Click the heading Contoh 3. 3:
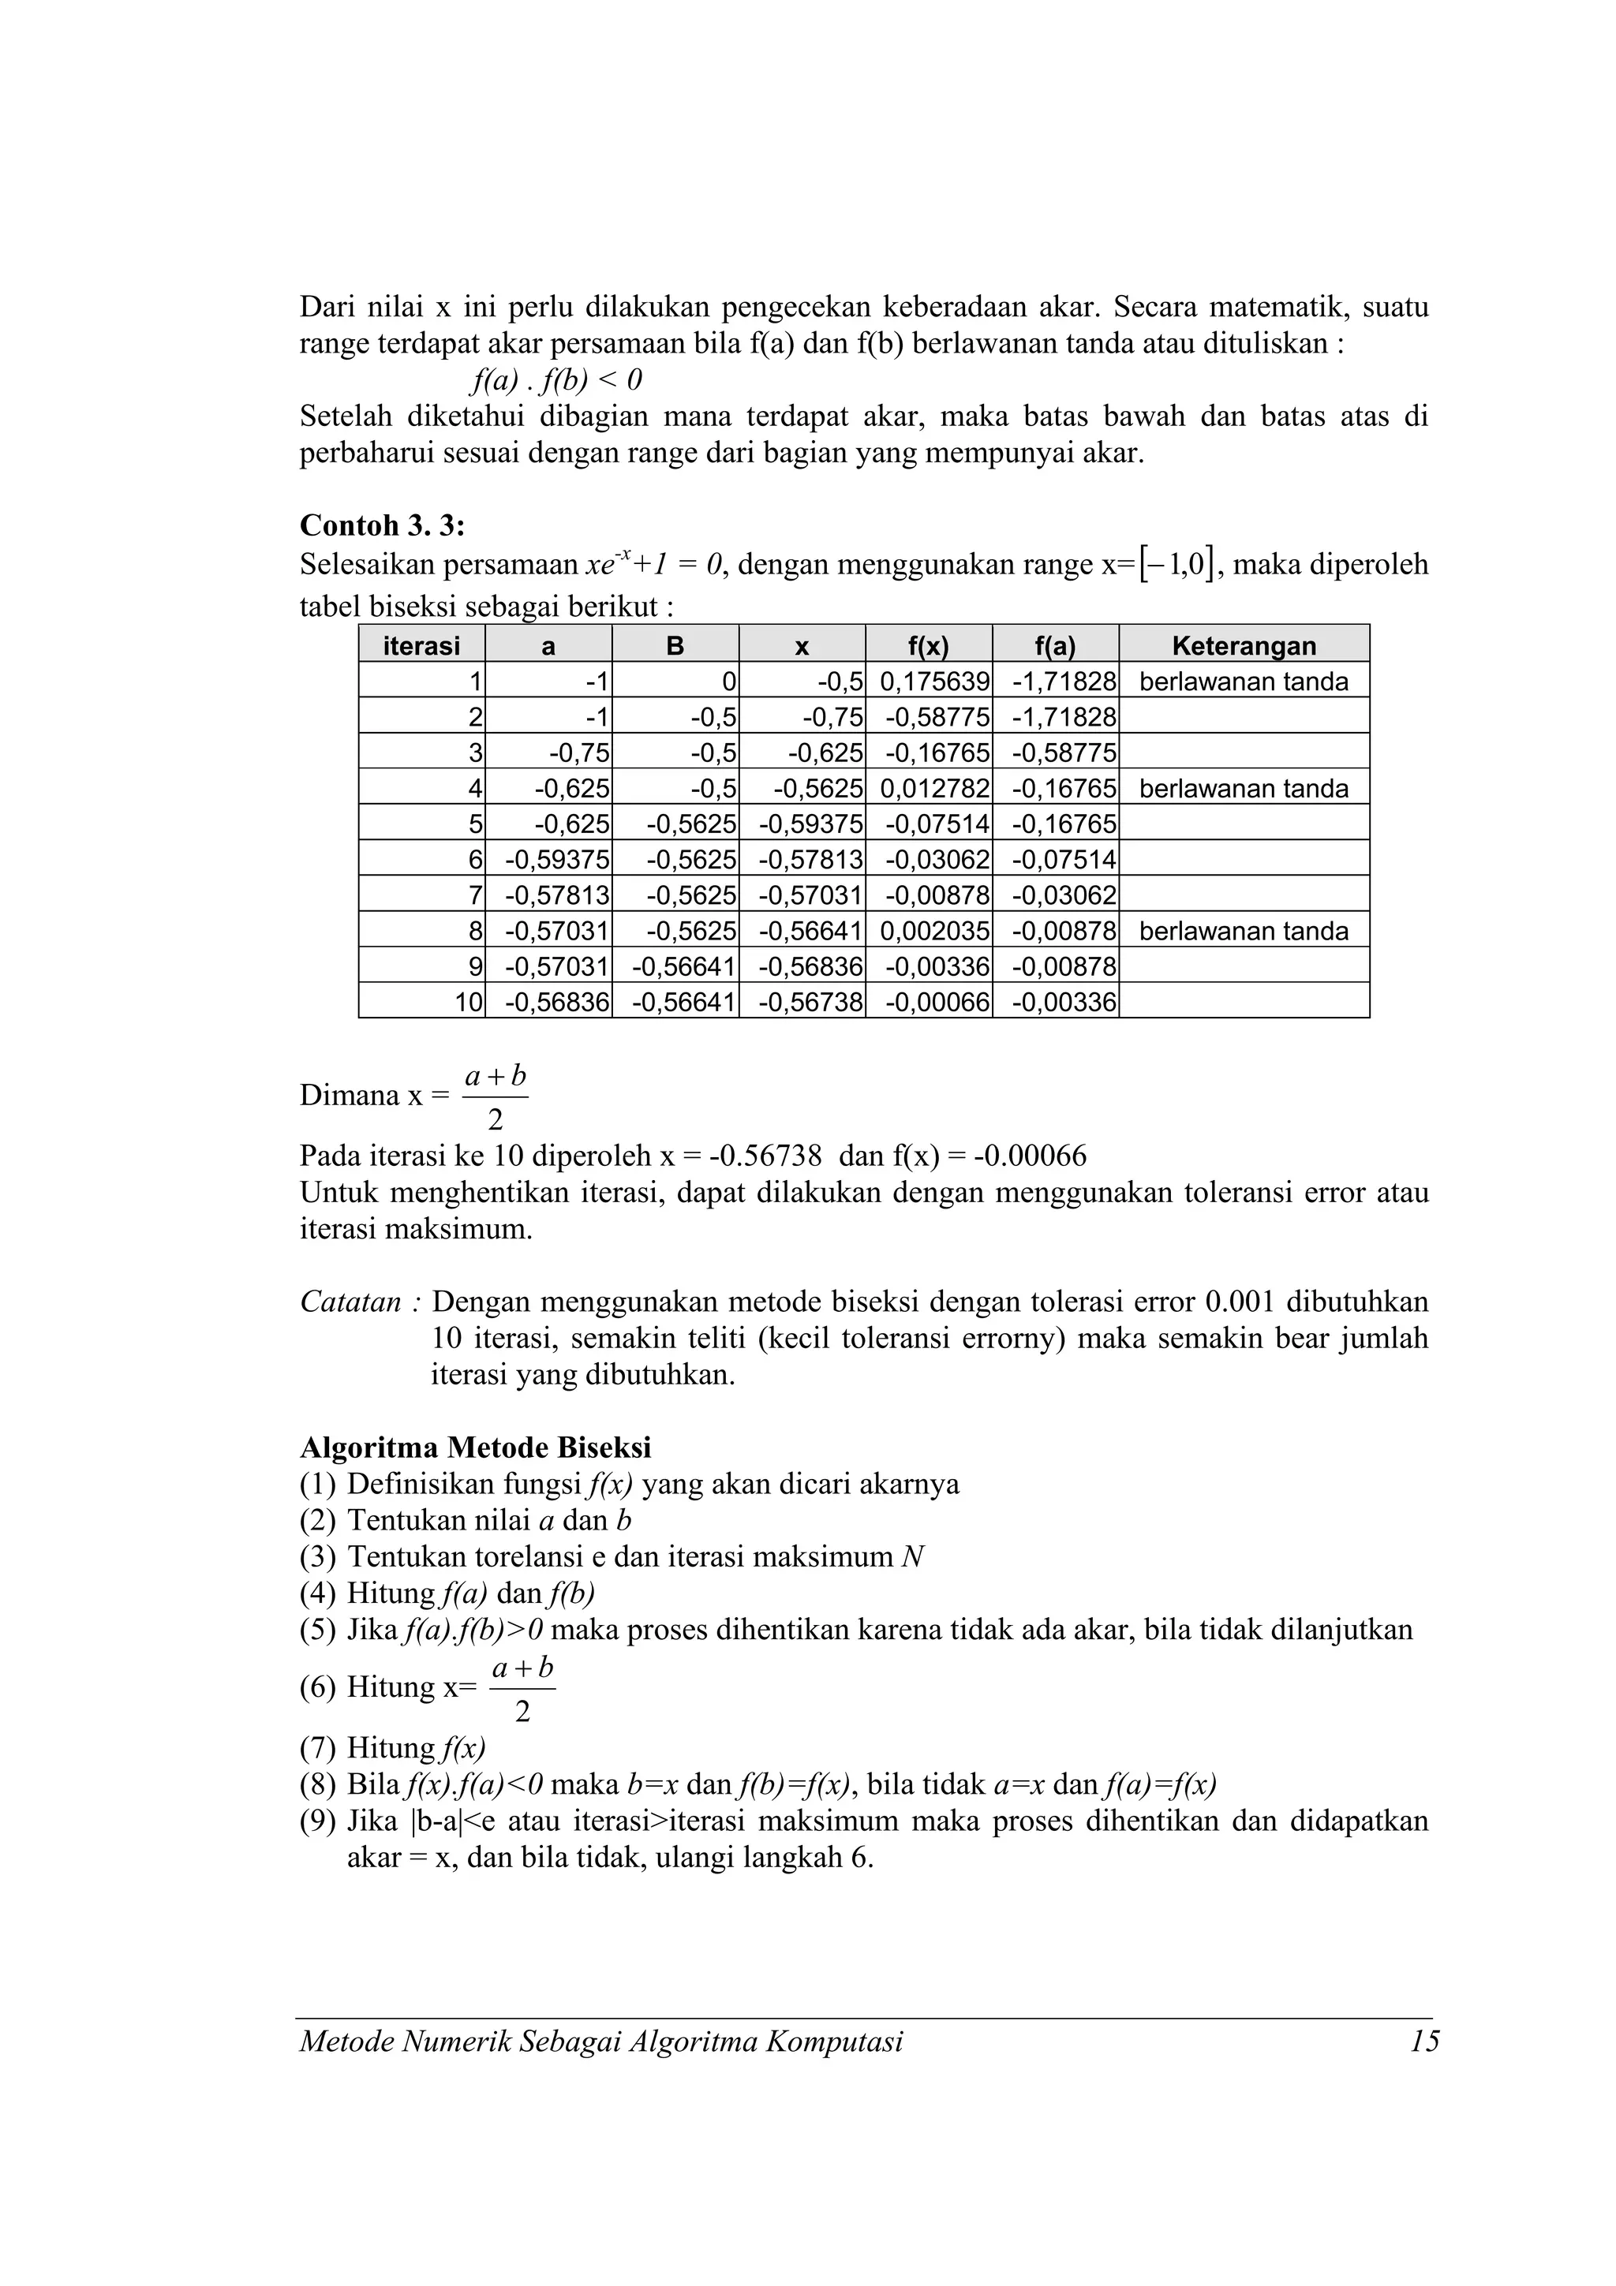[x=383, y=525]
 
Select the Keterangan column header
[x=1243, y=645]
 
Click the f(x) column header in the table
[x=928, y=645]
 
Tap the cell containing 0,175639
[x=934, y=682]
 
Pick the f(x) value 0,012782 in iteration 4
[x=934, y=789]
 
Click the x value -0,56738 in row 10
[x=810, y=1002]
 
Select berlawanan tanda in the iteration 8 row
[x=1243, y=931]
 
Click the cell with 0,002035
[x=934, y=931]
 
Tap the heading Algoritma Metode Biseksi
[x=475, y=1447]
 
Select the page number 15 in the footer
[x=1423, y=2042]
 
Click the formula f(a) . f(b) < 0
[x=555, y=379]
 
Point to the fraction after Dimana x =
[x=495, y=1097]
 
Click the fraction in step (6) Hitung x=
[x=522, y=1689]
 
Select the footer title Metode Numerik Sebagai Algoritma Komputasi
[x=601, y=2042]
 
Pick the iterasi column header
[x=421, y=645]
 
